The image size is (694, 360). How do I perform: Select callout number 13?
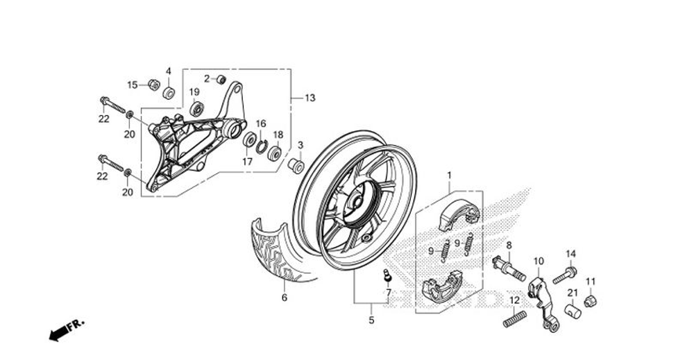310,98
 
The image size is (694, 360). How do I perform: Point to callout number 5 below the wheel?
371,320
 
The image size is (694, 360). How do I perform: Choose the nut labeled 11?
591,301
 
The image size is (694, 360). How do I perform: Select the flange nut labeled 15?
154,85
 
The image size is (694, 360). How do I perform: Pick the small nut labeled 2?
221,78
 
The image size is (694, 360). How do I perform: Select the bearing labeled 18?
275,153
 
